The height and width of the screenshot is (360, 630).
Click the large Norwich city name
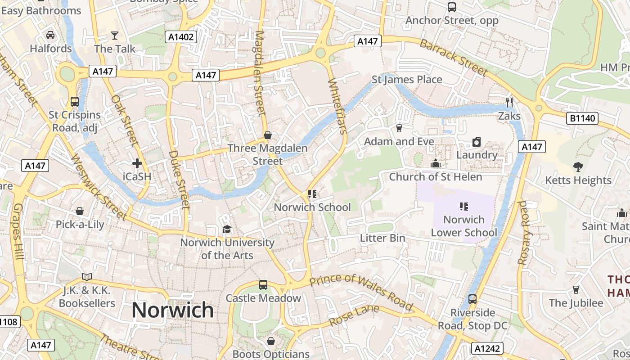(x=173, y=310)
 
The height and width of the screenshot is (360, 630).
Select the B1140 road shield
(x=582, y=119)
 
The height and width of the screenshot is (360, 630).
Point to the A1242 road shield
(x=487, y=348)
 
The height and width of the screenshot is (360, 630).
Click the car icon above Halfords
(x=50, y=35)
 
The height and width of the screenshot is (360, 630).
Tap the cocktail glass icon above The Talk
(x=115, y=35)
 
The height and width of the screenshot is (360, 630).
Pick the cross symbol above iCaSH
(x=137, y=163)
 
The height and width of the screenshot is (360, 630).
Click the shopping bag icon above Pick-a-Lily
(x=80, y=211)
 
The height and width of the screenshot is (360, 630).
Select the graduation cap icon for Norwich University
(x=227, y=229)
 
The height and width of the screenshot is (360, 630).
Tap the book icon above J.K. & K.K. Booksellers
(x=87, y=277)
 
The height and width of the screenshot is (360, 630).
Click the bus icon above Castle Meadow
(x=263, y=285)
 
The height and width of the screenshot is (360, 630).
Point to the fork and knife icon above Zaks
(x=509, y=103)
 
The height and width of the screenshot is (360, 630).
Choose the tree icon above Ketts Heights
(x=578, y=167)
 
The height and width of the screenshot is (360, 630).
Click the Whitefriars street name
(x=337, y=106)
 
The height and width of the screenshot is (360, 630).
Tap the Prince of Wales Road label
(x=361, y=292)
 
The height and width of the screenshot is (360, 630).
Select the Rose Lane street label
(x=354, y=316)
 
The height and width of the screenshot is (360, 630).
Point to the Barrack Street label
(x=454, y=57)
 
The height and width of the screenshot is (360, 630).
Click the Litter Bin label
(x=382, y=238)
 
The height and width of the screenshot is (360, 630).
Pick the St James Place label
(x=407, y=80)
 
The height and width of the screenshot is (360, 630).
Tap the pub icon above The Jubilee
(x=576, y=289)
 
